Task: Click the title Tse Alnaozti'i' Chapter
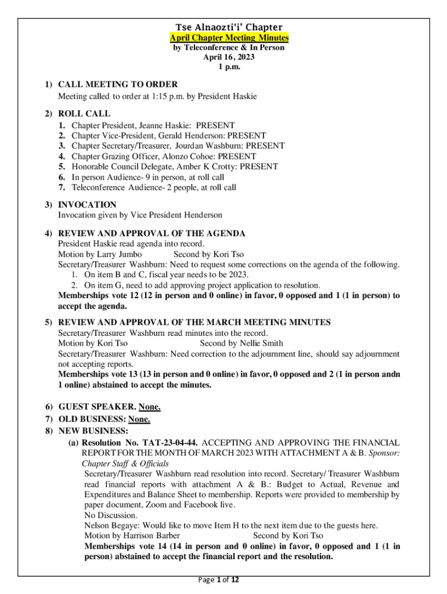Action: [x=229, y=27]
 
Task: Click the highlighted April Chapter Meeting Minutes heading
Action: [x=229, y=38]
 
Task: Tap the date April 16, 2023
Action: [x=229, y=57]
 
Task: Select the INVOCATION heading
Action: [x=87, y=204]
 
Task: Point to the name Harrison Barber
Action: [x=147, y=535]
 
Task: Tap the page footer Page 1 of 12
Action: [x=223, y=580]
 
